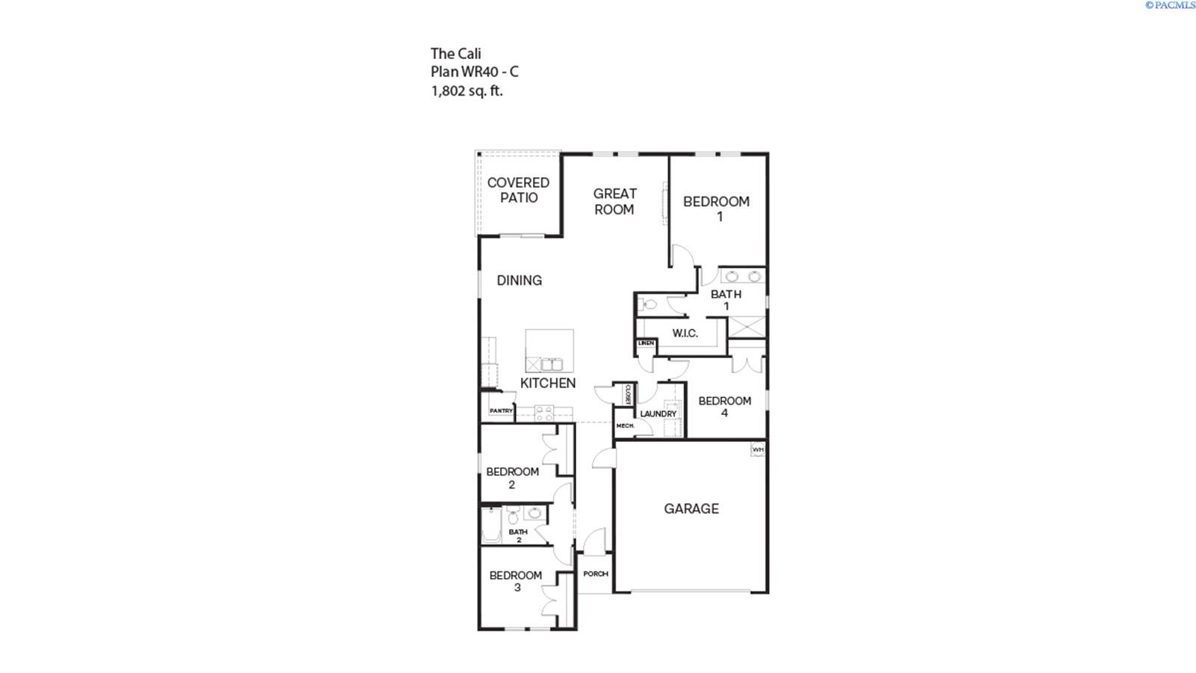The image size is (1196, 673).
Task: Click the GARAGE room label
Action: tap(691, 508)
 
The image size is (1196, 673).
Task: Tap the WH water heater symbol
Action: tap(758, 449)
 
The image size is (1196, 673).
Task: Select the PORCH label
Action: tap(596, 574)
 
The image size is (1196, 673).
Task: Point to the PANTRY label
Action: tap(501, 411)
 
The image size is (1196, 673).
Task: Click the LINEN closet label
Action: tap(646, 343)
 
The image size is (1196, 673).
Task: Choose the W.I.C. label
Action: tap(685, 333)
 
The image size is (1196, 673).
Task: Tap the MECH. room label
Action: tap(625, 425)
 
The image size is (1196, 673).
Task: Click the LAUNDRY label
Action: tap(658, 414)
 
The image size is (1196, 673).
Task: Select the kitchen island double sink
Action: tap(552, 365)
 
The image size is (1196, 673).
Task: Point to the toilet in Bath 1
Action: tap(649, 304)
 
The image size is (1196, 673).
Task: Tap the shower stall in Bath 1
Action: tap(747, 326)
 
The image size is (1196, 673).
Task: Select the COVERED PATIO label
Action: tap(518, 190)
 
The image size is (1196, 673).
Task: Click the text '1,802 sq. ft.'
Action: tap(466, 91)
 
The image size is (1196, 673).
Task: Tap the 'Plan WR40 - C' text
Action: tap(474, 72)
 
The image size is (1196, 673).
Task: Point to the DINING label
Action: tap(520, 280)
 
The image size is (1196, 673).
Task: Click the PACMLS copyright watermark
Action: tap(1170, 5)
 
